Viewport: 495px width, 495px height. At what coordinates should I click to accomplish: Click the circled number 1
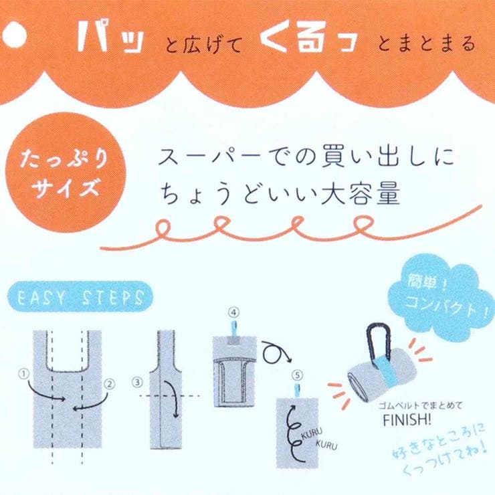25,374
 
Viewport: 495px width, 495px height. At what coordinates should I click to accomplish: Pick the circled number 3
138,383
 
